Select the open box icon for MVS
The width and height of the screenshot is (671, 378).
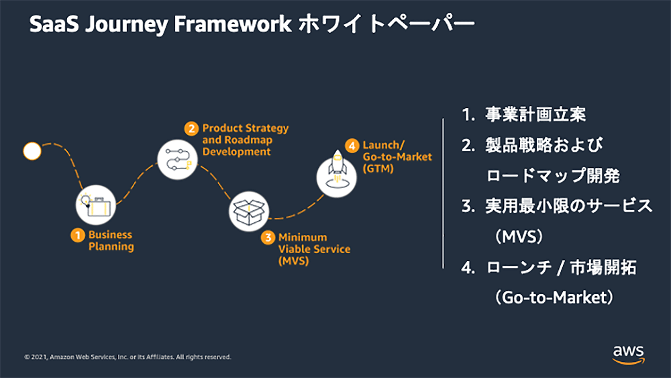point(249,211)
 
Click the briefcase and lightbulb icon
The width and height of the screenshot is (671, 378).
point(95,203)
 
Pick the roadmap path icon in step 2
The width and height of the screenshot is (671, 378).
point(177,157)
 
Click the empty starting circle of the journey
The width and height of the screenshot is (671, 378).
point(32,151)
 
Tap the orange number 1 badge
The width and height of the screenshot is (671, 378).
point(79,235)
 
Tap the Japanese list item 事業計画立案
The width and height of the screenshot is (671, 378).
point(535,115)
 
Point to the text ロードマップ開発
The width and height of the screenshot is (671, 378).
point(552,176)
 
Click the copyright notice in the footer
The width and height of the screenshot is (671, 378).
point(127,357)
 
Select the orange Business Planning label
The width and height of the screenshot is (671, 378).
point(111,241)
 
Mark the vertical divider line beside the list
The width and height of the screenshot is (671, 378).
point(443,193)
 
